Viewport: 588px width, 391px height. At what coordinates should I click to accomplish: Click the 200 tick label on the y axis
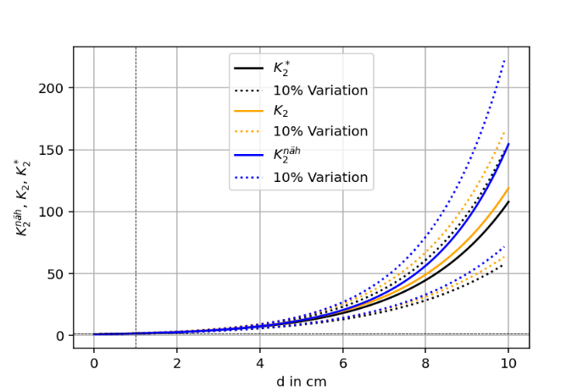(x=56, y=88)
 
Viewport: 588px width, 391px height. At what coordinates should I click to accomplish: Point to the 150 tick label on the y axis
(x=56, y=150)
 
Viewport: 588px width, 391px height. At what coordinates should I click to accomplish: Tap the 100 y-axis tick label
(x=56, y=212)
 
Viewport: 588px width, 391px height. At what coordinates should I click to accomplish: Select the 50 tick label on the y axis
(x=59, y=273)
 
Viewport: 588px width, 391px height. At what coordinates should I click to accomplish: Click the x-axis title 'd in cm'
(x=301, y=381)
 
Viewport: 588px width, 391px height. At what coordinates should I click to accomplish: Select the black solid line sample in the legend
(x=249, y=68)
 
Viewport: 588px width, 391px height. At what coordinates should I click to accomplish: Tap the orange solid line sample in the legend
(x=249, y=111)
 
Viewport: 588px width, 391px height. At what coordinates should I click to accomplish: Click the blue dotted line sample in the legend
(x=249, y=178)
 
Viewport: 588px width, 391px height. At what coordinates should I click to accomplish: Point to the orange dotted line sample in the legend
(x=249, y=132)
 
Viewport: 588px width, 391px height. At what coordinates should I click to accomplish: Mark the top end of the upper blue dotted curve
(x=505, y=59)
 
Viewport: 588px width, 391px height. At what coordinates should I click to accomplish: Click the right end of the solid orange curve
(x=509, y=188)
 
